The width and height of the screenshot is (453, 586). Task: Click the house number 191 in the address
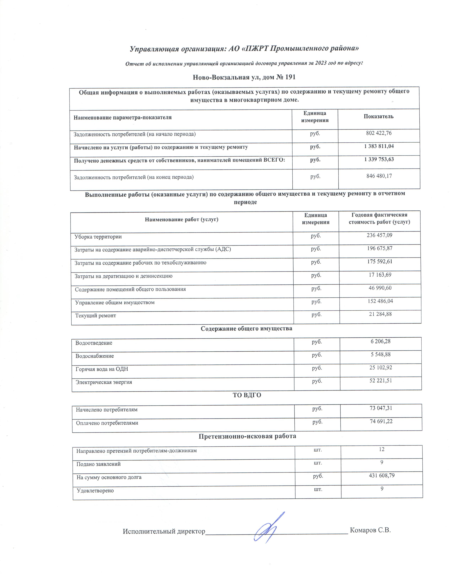(290, 77)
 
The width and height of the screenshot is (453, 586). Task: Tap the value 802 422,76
(379, 133)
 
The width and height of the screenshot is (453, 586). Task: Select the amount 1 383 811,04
(379, 146)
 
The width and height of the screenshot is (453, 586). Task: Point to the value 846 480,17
(379, 176)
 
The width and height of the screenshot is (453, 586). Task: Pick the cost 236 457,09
(379, 235)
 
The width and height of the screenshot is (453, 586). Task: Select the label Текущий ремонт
(96, 316)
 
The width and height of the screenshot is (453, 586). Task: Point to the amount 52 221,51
(381, 381)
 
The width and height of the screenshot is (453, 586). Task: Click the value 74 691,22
(381, 421)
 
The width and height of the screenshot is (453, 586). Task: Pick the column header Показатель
(378, 116)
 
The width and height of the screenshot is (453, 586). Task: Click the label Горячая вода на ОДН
(102, 369)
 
